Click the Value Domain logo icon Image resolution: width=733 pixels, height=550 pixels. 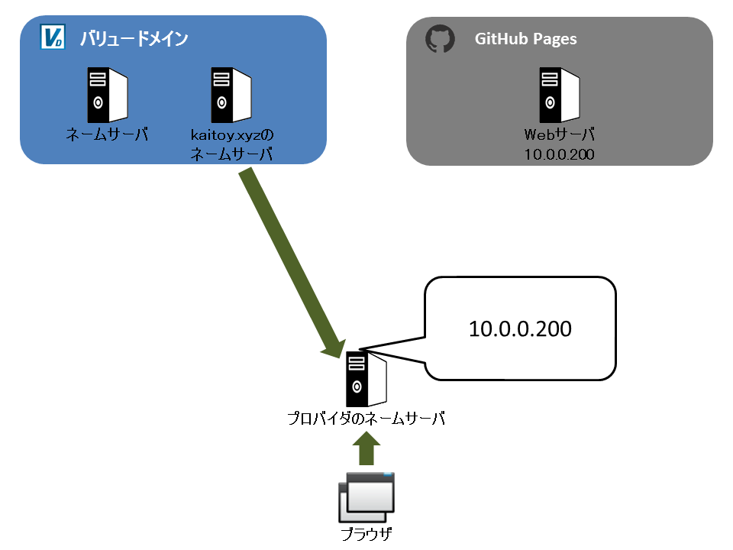point(53,37)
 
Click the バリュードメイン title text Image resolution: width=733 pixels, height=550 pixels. point(134,38)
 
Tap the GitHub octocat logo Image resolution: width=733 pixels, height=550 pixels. point(440,38)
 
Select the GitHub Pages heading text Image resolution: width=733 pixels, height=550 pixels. point(525,39)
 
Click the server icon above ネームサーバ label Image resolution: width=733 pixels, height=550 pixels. point(108,95)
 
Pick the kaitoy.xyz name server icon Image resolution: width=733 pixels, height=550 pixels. point(231,95)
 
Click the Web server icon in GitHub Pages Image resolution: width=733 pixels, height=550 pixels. point(560,95)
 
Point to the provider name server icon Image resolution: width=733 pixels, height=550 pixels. point(366,379)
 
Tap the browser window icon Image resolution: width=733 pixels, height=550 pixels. point(366,497)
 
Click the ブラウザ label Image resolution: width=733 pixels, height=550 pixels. point(366,534)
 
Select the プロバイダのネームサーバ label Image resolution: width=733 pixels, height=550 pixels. point(366,418)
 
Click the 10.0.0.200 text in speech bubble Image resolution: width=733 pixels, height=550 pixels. point(520,328)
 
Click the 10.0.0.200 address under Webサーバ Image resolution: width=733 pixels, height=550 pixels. point(559,154)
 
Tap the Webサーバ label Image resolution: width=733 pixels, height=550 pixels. point(560,134)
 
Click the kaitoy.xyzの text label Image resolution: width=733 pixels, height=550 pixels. point(232,135)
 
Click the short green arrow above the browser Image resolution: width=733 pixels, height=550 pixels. point(366,448)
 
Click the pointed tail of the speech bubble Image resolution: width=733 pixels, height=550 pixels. point(359,350)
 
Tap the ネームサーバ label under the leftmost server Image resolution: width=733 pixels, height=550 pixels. point(107,134)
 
